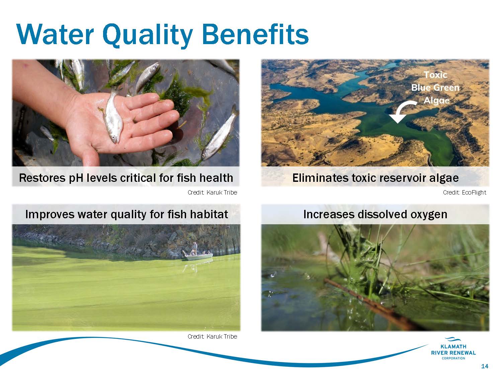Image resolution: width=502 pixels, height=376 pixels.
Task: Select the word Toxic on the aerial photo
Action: click(x=436, y=75)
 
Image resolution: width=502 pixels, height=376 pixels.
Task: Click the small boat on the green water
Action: click(x=198, y=257)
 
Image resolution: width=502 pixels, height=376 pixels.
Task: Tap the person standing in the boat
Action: click(x=194, y=248)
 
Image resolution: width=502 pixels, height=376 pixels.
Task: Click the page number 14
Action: click(x=485, y=366)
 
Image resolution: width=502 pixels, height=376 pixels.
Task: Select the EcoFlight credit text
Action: click(x=465, y=193)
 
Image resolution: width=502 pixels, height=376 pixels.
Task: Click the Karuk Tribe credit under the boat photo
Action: click(x=212, y=336)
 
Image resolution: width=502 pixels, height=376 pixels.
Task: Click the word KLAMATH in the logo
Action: click(x=453, y=347)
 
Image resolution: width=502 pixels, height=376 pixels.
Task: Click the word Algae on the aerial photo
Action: click(x=436, y=101)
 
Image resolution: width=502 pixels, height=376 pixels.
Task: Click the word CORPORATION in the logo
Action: click(x=453, y=358)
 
